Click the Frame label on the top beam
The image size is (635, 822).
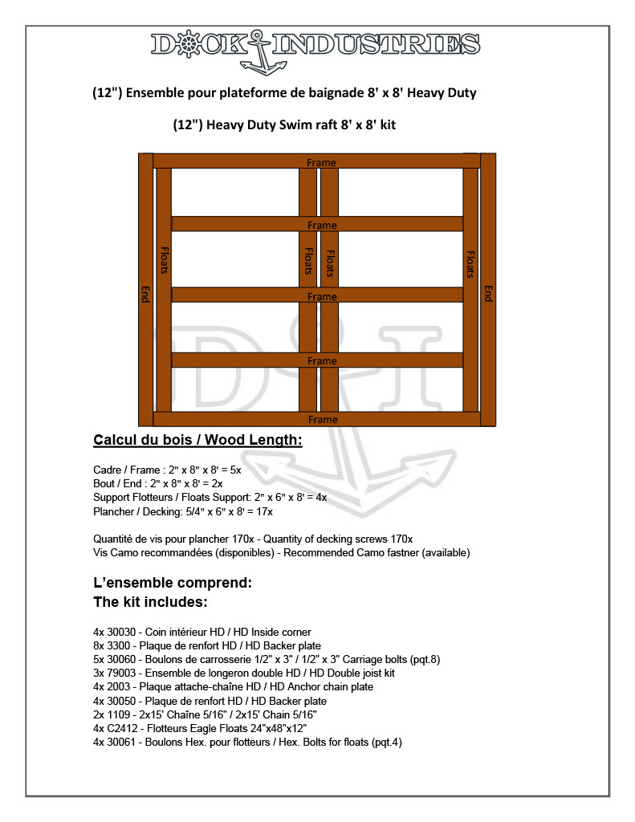[x=321, y=163]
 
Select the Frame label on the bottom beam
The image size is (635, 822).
[x=323, y=420]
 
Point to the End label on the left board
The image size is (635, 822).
[x=145, y=294]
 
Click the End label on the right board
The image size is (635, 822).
[x=488, y=294]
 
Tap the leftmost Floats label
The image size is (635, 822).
[x=164, y=260]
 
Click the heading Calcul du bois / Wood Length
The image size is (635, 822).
[x=197, y=440]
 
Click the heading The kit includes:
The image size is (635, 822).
[x=151, y=601]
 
